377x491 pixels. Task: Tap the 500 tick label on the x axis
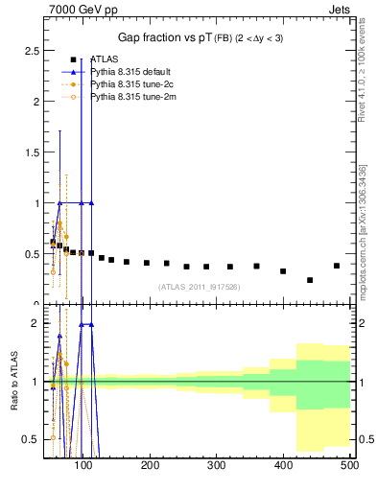pyautogui.click(x=349, y=466)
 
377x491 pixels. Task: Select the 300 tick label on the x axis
pyautogui.click(x=217, y=466)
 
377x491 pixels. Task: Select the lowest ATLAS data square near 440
pyautogui.click(x=310, y=280)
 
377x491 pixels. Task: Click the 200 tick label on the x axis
pyautogui.click(x=151, y=466)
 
